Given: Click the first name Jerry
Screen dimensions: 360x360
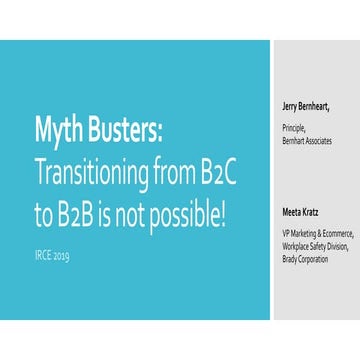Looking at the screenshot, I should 294,106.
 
